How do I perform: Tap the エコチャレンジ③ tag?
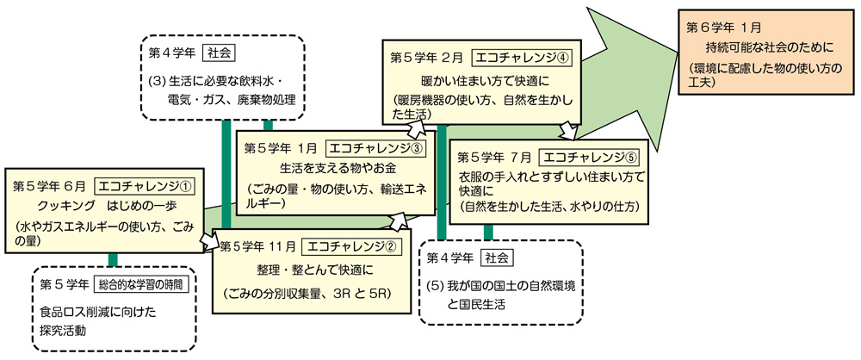pos(378,148)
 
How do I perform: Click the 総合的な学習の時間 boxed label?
pos(144,283)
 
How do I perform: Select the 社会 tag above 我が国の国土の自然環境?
pos(496,257)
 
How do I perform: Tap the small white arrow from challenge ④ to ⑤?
pos(568,131)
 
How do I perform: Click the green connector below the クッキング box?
pos(113,260)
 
